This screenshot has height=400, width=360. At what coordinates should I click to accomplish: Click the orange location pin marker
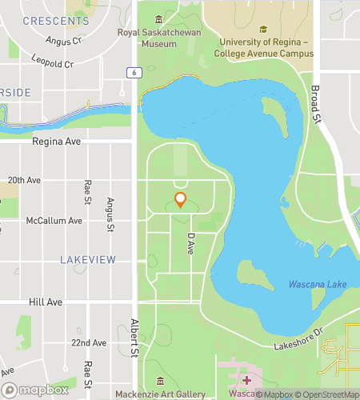[x=180, y=200]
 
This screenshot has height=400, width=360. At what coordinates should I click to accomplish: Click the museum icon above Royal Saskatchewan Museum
[x=158, y=19]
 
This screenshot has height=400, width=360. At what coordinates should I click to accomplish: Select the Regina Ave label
[x=57, y=141]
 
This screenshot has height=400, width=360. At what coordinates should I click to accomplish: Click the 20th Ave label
[x=23, y=180]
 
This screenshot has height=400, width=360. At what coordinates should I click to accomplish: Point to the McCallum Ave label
[x=54, y=220]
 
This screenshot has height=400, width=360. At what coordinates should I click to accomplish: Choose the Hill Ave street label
[x=45, y=302]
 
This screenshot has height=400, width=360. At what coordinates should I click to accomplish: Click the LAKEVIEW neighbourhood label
[x=88, y=259]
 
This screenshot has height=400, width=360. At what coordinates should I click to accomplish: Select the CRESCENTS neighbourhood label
[x=55, y=21]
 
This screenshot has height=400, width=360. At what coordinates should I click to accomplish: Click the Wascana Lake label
[x=318, y=284]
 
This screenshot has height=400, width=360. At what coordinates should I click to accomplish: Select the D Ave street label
[x=190, y=243]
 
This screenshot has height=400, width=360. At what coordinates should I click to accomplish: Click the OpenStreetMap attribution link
[x=326, y=394]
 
